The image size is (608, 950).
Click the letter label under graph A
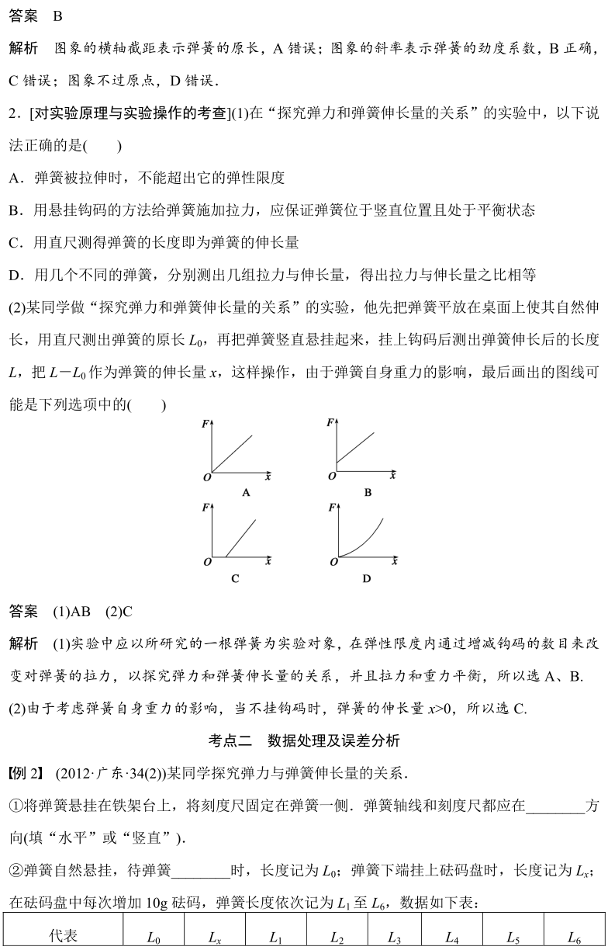[x=245, y=492]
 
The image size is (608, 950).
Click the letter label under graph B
[x=368, y=492]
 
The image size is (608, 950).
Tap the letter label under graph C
[x=235, y=578]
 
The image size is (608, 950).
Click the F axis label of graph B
[x=331, y=422]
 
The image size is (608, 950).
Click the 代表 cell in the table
[x=63, y=936]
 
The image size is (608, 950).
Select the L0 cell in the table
[x=154, y=937]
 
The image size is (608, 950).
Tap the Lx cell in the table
[x=215, y=937]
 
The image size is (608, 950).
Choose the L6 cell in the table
[x=575, y=937]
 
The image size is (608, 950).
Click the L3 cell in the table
[x=393, y=937]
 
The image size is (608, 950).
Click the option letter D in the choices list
[x=15, y=275]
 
